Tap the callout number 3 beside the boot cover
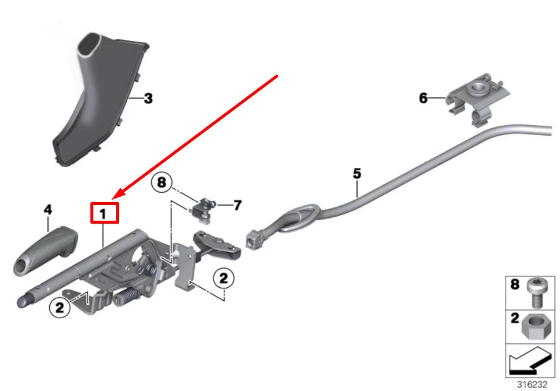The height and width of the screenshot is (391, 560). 148,99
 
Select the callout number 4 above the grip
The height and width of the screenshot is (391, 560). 48,209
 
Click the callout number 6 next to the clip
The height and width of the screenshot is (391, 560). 423,98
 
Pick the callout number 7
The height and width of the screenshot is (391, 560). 237,205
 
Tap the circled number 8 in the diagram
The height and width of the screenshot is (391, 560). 162,183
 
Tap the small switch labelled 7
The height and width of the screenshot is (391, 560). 204,210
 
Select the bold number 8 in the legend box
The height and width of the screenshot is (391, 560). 514,285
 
